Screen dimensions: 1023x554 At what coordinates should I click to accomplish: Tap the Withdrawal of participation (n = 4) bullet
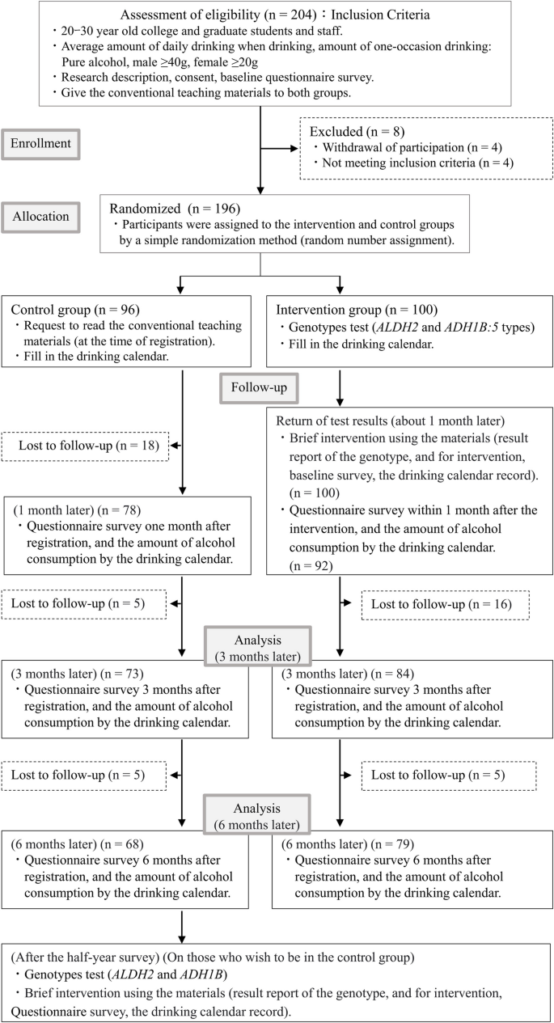tap(394, 148)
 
